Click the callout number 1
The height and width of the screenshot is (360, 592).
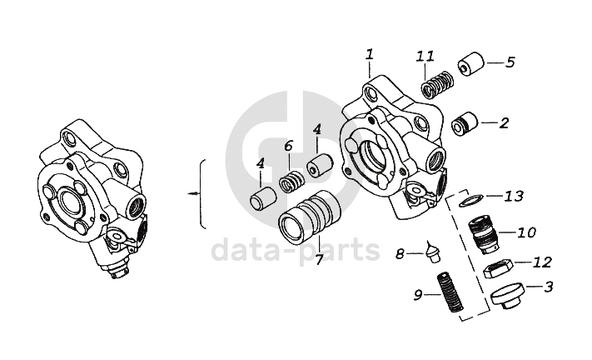click(x=370, y=55)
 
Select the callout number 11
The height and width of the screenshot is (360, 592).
click(x=425, y=57)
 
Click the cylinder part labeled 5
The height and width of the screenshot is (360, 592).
click(x=471, y=64)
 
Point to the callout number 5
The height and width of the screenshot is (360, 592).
click(x=510, y=62)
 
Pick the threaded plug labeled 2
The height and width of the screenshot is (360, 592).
click(x=465, y=123)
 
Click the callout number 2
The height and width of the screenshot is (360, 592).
click(x=504, y=123)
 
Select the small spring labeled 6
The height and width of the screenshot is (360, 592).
click(x=292, y=182)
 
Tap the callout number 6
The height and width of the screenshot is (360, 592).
click(x=288, y=146)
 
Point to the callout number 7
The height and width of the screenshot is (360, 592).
click(x=320, y=259)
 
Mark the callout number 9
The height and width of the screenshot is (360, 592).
click(x=418, y=295)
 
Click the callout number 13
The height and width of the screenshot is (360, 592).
click(x=515, y=196)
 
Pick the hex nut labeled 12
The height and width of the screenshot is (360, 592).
click(x=499, y=267)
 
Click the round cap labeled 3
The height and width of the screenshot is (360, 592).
click(x=508, y=295)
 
